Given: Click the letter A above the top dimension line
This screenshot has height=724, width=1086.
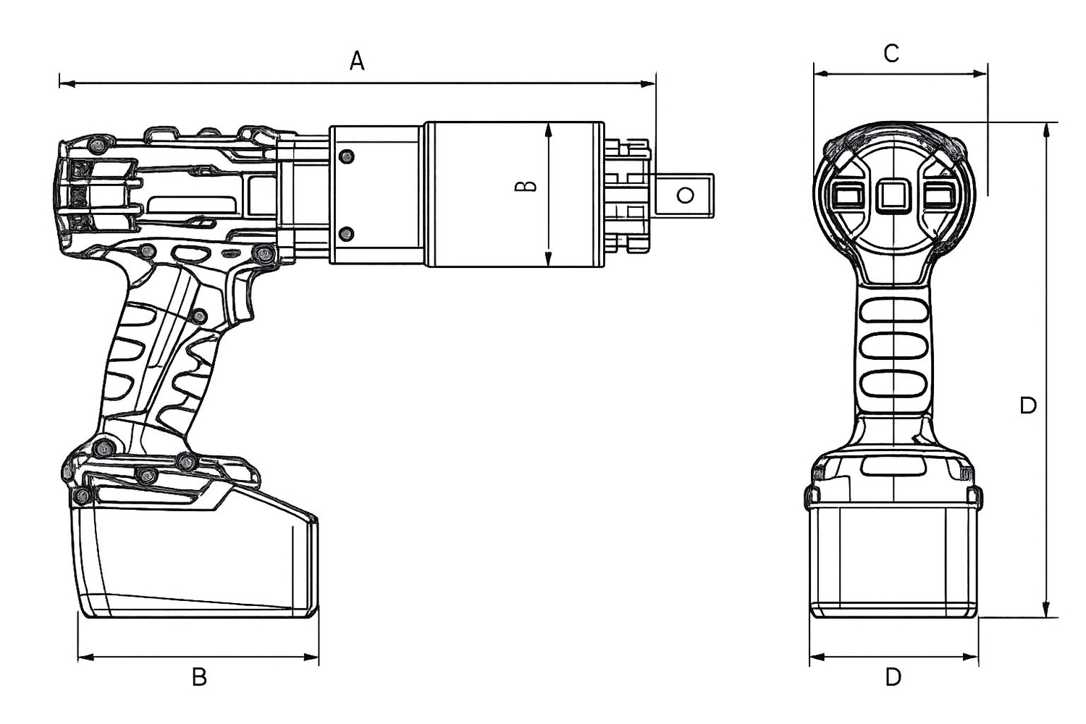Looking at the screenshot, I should point(357,61).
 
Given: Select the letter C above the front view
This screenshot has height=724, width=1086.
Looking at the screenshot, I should point(891,53).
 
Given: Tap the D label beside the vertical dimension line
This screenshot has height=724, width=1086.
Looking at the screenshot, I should point(1028,405).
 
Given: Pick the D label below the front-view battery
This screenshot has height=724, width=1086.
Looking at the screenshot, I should point(893,677).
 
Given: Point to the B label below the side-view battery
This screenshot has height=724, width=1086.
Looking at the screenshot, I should point(199,677).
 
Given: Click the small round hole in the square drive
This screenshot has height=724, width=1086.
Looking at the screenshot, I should point(685,195).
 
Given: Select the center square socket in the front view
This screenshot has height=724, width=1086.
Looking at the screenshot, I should point(893,196).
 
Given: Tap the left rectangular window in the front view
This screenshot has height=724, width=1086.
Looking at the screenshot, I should point(846,195).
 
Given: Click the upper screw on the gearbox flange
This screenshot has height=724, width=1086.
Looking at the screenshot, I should point(346,156).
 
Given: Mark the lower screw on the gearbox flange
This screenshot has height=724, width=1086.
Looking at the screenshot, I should point(346,233).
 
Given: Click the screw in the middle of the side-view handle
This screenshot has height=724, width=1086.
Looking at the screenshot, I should point(200,316).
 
